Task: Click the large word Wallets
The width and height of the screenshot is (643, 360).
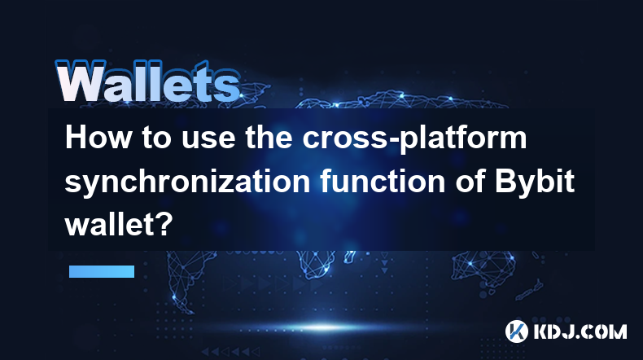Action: pos(147,81)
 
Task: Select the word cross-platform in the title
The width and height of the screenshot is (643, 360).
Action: pos(414,139)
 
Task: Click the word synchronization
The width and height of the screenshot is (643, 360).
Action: pos(187,182)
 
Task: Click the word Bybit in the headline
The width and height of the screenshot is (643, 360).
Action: pos(534,182)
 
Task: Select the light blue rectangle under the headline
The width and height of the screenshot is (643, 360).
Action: pos(102,271)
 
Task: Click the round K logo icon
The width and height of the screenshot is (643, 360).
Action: pos(517,331)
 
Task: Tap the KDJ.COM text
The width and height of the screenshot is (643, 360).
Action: pos(580,331)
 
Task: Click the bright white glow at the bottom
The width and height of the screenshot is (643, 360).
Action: pos(323,327)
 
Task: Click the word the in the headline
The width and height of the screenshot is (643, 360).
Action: pos(269,138)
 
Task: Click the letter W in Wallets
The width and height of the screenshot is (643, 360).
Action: pos(81,81)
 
